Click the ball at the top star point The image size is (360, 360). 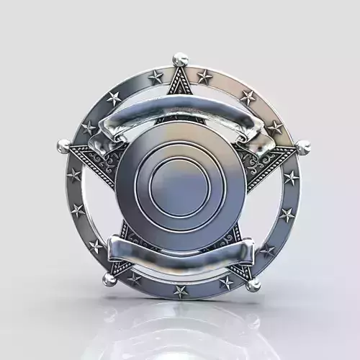pos(180,59)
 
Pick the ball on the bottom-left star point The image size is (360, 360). pos(109,279)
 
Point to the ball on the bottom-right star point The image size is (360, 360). pos(253,284)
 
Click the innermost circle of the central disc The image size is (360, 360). pos(181,183)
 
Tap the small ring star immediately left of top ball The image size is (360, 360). pos(156,76)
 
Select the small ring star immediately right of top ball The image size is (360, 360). pos(204,76)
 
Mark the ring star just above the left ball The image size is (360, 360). pos(89,128)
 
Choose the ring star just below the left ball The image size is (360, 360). pos(74,175)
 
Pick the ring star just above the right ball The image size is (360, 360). pos(275,127)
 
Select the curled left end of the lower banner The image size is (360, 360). pos(115,252)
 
